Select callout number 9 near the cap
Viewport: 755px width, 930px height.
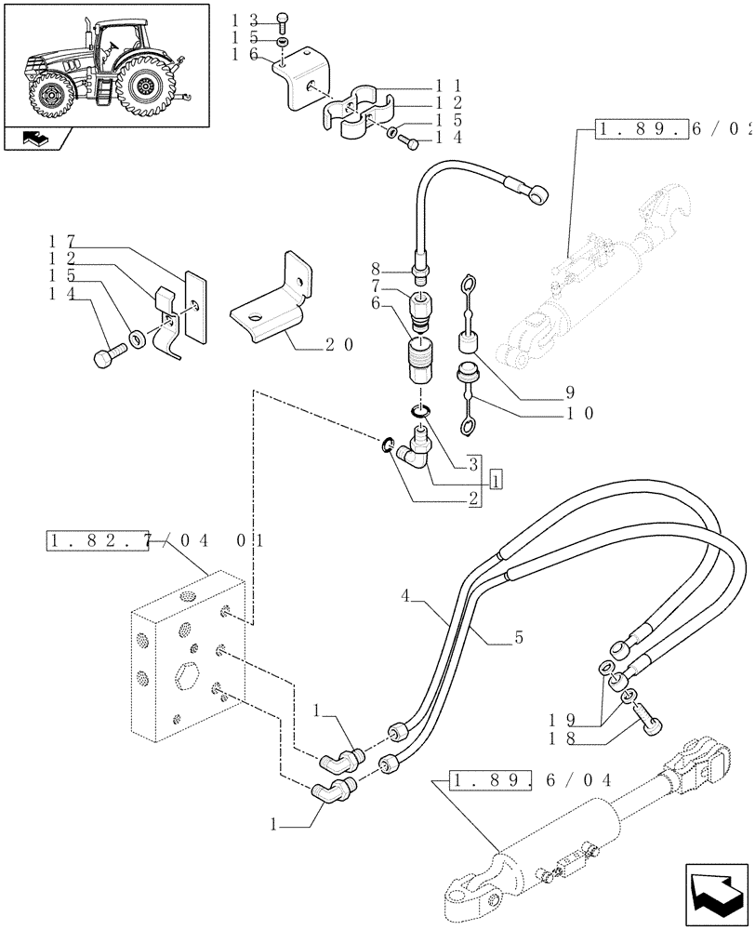click(572, 392)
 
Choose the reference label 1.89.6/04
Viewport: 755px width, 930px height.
click(530, 779)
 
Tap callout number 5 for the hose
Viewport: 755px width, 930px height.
click(518, 638)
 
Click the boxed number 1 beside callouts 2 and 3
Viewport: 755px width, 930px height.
click(497, 480)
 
